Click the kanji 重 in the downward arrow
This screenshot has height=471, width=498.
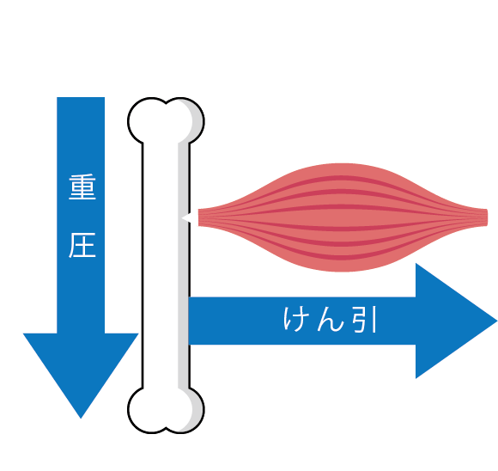click(82, 187)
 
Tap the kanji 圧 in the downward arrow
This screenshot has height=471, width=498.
click(82, 245)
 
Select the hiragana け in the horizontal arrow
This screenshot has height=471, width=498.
click(293, 319)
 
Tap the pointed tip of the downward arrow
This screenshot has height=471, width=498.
click(81, 419)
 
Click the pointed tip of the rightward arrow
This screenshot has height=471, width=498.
click(497, 321)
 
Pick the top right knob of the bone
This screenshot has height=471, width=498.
click(185, 120)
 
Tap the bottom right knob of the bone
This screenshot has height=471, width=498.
click(185, 410)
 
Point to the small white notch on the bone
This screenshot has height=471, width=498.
click(186, 217)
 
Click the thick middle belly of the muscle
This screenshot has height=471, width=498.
click(343, 217)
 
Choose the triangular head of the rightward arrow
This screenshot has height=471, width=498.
click(451, 321)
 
